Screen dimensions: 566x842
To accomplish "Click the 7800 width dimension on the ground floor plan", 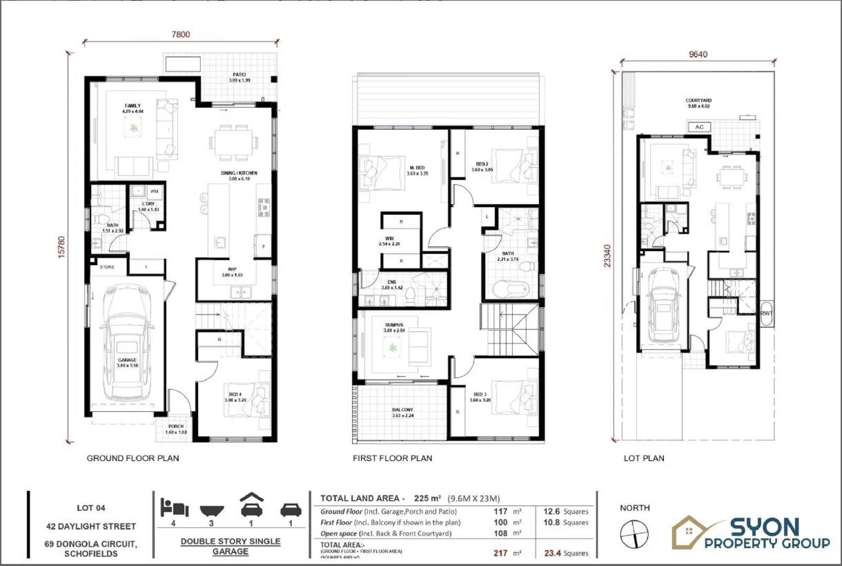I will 181,35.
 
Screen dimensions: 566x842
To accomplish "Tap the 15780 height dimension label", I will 62,247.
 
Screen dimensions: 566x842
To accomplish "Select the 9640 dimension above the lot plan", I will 697,55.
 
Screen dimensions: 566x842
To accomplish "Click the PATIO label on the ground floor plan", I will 239,75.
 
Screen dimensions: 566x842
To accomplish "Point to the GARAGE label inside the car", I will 127,360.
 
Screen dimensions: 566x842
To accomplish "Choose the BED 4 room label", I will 235,395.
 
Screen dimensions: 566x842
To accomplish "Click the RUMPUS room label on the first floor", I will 394,325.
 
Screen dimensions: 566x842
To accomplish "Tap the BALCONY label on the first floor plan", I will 402,410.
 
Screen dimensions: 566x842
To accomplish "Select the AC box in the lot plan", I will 699,127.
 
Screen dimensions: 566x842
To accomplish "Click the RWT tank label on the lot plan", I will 766,313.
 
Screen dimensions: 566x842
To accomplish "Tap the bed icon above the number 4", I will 174,508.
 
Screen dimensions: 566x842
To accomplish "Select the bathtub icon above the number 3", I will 212,510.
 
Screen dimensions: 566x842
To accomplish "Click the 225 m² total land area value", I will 427,498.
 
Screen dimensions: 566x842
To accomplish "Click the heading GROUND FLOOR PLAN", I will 133,458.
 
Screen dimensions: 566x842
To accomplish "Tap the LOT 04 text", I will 91,508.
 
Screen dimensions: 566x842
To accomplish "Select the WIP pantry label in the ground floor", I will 232,269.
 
